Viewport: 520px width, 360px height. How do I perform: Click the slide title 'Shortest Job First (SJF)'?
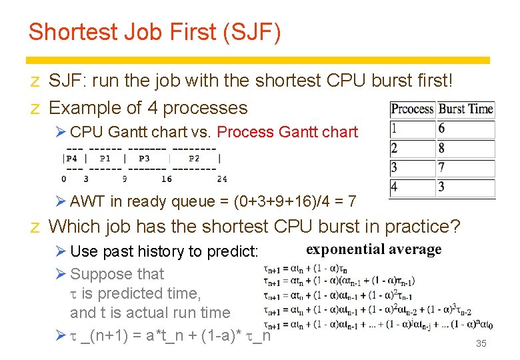pyautogui.click(x=155, y=32)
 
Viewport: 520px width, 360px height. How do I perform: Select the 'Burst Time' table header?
pyautogui.click(x=466, y=109)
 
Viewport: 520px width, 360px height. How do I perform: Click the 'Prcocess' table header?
pyautogui.click(x=413, y=109)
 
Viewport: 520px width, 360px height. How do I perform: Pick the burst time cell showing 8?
pyautogui.click(x=442, y=148)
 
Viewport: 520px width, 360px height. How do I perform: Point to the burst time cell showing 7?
pyautogui.click(x=442, y=167)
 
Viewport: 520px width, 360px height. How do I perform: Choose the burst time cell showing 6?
pyautogui.click(x=442, y=128)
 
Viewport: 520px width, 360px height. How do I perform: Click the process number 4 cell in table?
pyautogui.click(x=394, y=187)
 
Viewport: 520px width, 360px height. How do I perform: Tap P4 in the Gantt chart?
pyautogui.click(x=72, y=159)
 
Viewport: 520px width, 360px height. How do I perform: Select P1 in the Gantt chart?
pyautogui.click(x=105, y=159)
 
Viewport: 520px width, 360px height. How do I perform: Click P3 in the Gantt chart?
pyautogui.click(x=144, y=159)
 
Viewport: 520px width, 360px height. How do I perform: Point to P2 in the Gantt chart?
pyautogui.click(x=194, y=159)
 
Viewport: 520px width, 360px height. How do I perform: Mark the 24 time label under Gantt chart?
pyautogui.click(x=221, y=179)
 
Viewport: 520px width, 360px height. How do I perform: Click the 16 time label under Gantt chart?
pyautogui.click(x=167, y=179)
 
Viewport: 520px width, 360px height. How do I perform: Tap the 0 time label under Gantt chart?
pyautogui.click(x=64, y=179)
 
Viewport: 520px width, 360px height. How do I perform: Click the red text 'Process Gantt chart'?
pyautogui.click(x=287, y=132)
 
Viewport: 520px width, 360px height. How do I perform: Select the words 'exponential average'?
pyautogui.click(x=373, y=249)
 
